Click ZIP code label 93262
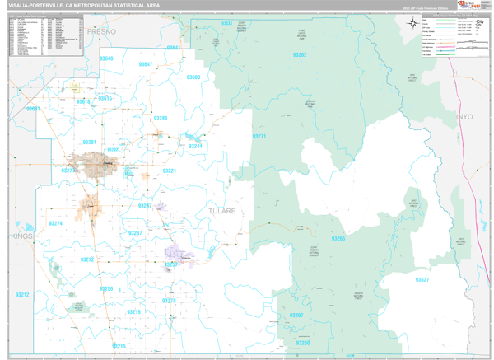pos(299,55)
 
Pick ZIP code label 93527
pos(421,279)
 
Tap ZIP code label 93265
pos(338,238)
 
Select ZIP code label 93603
pos(193,77)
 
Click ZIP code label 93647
pos(146,63)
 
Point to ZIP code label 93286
pos(160,118)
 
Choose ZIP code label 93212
pos(22,294)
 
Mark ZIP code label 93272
pos(86,259)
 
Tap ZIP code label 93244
pos(195,146)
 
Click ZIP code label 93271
pos(259,136)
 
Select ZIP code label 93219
pos(134,312)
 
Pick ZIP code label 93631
pos(33,108)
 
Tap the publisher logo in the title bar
pos(472,5)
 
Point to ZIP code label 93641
pos(173,48)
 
